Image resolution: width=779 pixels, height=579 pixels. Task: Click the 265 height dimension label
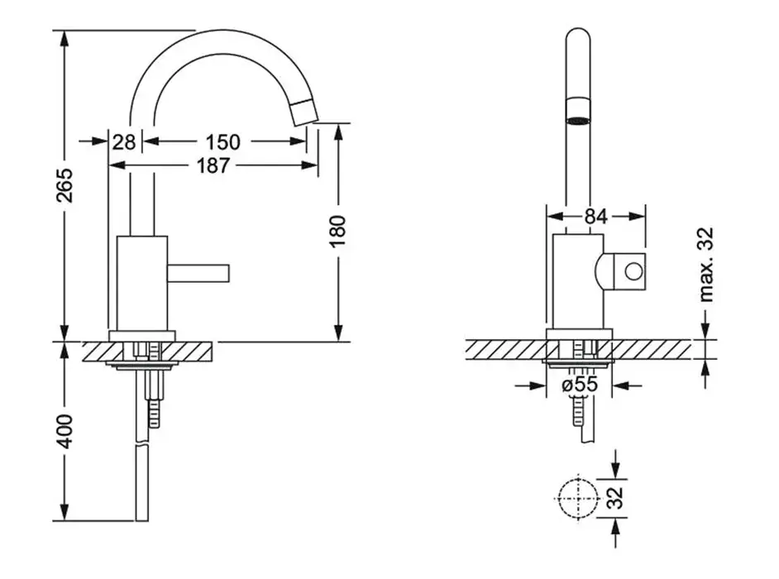[65, 185]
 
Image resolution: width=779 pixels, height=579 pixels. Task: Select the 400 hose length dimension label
[65, 431]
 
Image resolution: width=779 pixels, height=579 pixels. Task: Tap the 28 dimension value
[124, 142]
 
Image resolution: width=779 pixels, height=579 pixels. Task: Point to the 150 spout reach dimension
[222, 142]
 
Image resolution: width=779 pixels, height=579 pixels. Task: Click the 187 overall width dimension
[213, 165]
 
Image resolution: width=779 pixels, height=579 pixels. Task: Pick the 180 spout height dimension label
[338, 231]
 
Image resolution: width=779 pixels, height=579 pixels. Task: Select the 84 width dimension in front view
[595, 216]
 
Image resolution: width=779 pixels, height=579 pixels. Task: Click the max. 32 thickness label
[706, 265]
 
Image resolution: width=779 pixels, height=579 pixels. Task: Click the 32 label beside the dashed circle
[615, 498]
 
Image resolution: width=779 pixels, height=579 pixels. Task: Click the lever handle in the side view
[198, 273]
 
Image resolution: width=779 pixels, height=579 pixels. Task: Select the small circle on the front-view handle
[633, 272]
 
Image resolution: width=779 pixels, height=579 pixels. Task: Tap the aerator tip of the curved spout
[304, 112]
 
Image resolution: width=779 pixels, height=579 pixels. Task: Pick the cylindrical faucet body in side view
[142, 283]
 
